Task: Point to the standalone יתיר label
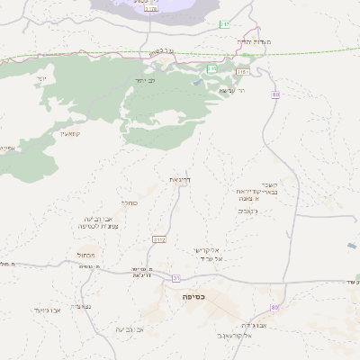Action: pyautogui.click(x=41, y=81)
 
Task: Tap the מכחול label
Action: pyautogui.click(x=99, y=255)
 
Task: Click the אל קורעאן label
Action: pyautogui.click(x=232, y=334)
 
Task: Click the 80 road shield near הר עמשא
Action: pyautogui.click(x=274, y=94)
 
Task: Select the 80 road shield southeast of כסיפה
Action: pyautogui.click(x=274, y=308)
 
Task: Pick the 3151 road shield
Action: pyautogui.click(x=242, y=70)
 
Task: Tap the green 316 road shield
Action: pyautogui.click(x=211, y=68)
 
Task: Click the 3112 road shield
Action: pyautogui.click(x=159, y=240)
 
